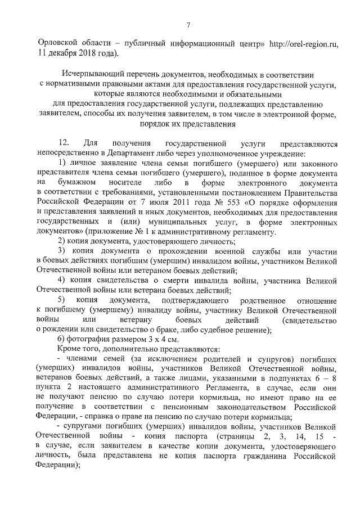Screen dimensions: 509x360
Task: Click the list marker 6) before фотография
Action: tap(62, 339)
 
